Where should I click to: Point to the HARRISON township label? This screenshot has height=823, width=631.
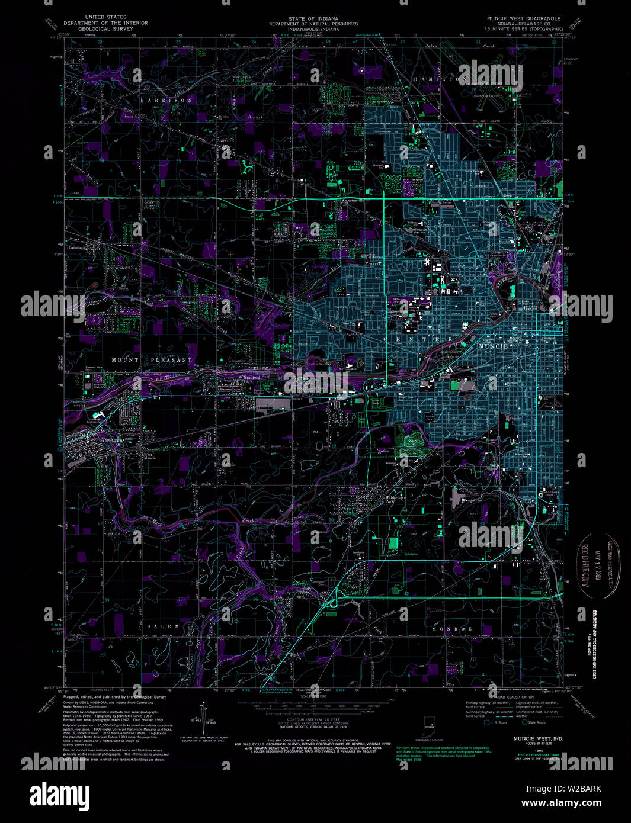166,101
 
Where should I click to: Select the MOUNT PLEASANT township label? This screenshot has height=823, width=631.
152,359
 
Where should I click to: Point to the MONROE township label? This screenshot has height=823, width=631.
452,628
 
